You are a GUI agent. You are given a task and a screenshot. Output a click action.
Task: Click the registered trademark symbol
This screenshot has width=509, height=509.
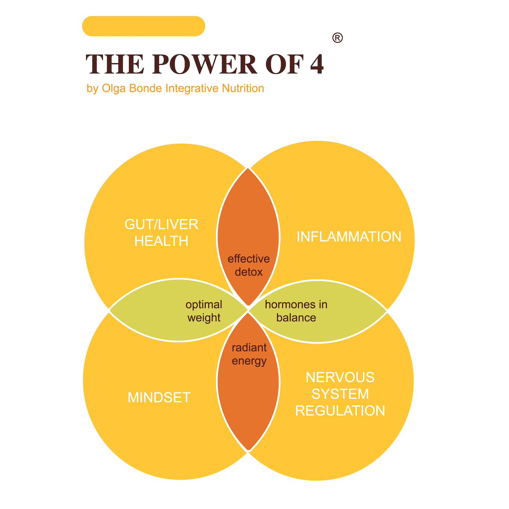337,38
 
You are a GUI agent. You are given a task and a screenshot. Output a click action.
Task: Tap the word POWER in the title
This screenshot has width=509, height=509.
205,64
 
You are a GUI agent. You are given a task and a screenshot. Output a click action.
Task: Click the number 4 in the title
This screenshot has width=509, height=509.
317,64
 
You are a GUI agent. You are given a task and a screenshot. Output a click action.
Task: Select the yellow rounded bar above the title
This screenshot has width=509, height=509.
143,26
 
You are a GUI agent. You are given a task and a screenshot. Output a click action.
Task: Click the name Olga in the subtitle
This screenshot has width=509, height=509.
114,88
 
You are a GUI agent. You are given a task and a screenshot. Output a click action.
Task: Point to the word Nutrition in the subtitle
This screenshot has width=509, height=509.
243,88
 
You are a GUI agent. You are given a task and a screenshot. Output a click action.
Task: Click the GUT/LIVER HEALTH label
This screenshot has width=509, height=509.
161,233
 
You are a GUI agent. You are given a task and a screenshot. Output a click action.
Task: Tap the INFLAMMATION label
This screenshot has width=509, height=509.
349,237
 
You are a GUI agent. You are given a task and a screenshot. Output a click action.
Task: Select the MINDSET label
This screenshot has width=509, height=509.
159,398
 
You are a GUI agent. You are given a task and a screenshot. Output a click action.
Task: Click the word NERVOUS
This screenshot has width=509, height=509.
340,377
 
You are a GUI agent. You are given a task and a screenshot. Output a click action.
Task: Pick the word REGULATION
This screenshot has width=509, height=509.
340,411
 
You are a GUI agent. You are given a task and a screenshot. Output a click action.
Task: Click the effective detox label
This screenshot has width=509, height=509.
249,265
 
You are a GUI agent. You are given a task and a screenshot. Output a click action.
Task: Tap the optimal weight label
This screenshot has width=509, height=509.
204,311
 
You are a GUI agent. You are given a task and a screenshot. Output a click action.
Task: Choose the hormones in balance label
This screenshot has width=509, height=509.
296,311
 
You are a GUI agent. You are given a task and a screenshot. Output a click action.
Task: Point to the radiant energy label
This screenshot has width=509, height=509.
249,354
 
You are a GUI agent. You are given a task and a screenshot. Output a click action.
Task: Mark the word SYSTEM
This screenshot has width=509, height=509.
340,394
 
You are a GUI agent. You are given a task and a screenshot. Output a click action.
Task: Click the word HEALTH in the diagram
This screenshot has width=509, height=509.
161,241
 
